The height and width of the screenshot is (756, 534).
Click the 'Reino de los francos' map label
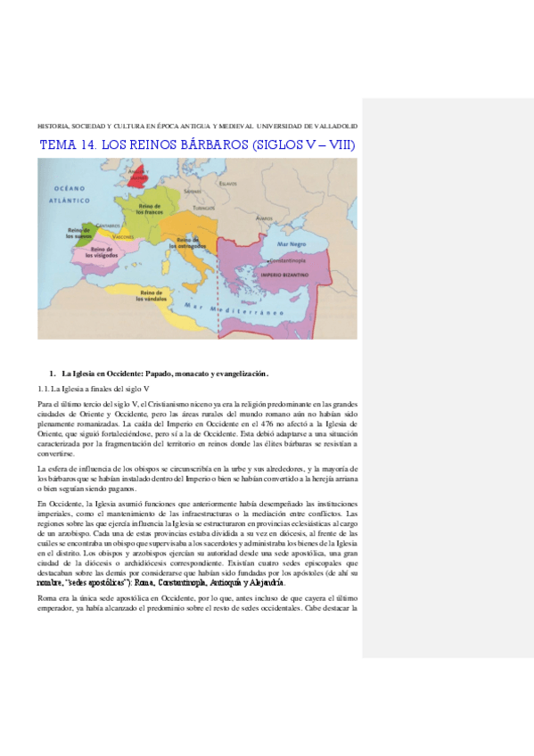click(151, 210)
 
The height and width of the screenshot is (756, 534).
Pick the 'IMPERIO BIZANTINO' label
click(283, 276)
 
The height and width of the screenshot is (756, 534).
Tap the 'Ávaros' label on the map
click(263, 218)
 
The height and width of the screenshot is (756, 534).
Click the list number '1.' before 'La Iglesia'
click(53, 373)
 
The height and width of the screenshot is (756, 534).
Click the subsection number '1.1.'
click(43, 390)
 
